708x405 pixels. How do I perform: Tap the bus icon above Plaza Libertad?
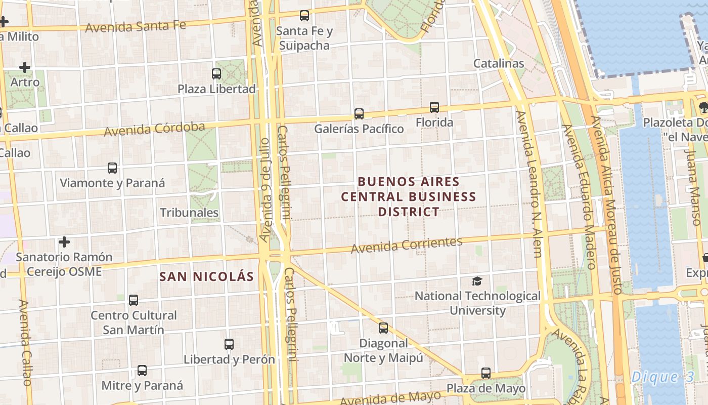(216, 74)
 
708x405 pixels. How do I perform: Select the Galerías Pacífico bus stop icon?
(359, 114)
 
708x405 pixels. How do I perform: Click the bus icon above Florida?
(434, 107)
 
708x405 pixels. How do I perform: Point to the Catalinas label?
(499, 63)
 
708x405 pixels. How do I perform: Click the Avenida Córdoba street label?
(154, 129)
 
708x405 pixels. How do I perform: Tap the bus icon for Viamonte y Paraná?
(112, 168)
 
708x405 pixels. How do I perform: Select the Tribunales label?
(189, 213)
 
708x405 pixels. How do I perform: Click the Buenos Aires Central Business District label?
(409, 196)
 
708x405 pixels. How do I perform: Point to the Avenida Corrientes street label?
(407, 245)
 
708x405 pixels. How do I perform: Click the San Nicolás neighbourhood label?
(206, 276)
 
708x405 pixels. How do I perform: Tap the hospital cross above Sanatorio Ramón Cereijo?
(64, 242)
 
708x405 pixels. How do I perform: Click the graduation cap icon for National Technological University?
(477, 281)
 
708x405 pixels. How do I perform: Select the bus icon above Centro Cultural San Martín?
(134, 300)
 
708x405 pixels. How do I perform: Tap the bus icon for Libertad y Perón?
(229, 344)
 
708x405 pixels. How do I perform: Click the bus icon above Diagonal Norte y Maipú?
(383, 328)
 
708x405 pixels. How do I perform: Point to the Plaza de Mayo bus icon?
(486, 373)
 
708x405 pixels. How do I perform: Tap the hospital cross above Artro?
(25, 67)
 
